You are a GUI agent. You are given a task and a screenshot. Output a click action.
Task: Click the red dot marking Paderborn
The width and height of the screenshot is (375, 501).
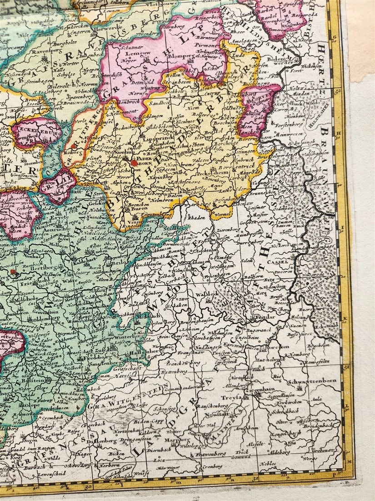[134, 162]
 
